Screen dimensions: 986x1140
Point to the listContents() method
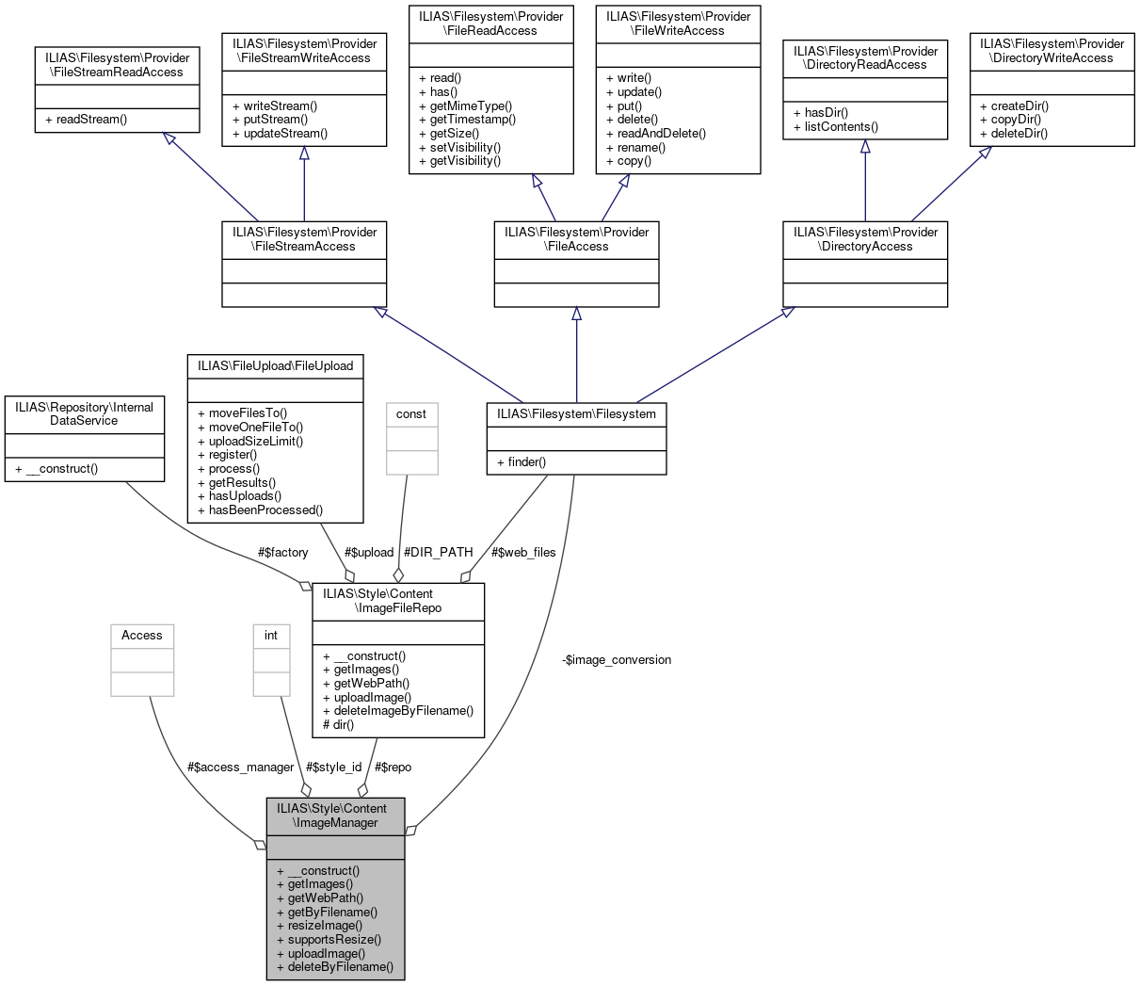[841, 126]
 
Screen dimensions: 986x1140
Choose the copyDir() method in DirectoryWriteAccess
[1015, 120]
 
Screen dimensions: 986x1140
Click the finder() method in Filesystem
[527, 462]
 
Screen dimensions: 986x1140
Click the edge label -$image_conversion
[617, 660]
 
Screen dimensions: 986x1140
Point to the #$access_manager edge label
[241, 768]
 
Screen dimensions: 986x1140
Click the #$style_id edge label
[333, 768]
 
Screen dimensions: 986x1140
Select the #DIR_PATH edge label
[438, 553]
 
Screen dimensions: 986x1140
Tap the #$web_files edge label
[523, 553]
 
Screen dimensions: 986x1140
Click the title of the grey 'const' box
[411, 414]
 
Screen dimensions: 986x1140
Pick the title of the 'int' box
[271, 636]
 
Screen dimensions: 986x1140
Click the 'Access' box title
[142, 636]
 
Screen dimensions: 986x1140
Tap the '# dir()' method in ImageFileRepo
[338, 725]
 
